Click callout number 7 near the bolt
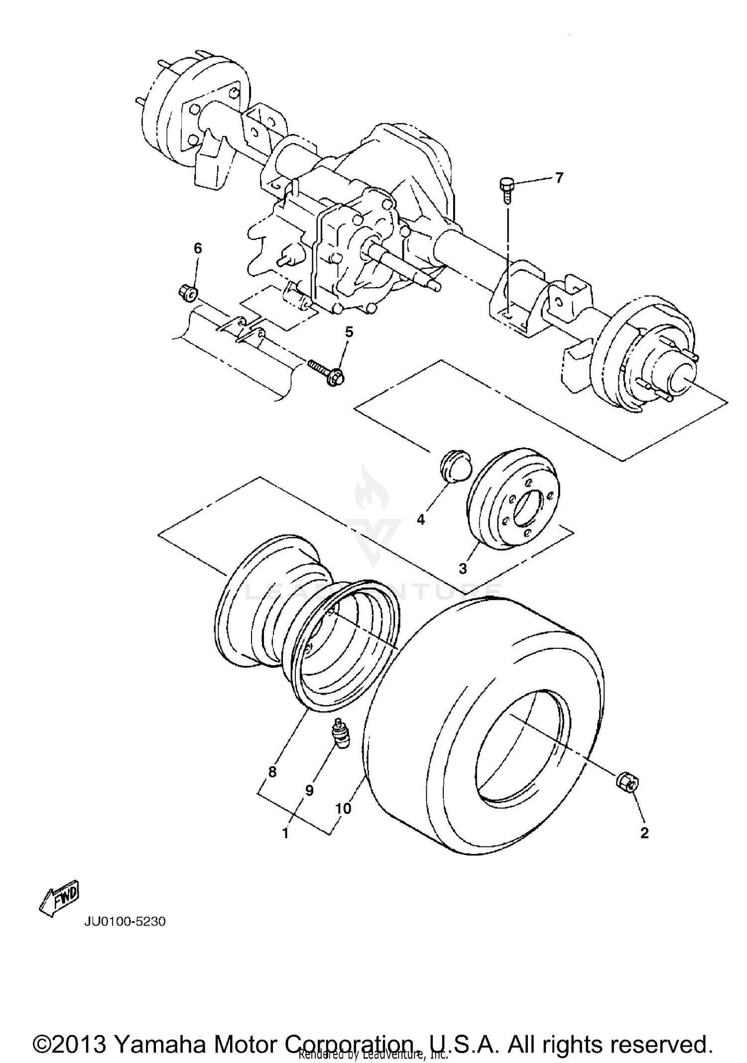(x=559, y=178)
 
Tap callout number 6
(x=198, y=248)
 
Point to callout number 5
(x=349, y=332)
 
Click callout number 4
(x=421, y=520)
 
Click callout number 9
(x=309, y=790)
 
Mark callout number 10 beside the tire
(x=344, y=809)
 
